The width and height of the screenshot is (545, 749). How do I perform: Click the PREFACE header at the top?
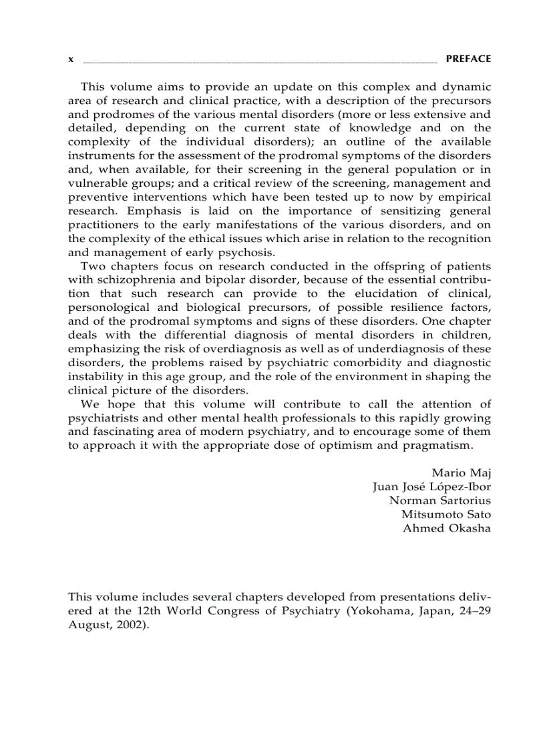pos(468,59)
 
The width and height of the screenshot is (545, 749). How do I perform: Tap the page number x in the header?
pos(71,59)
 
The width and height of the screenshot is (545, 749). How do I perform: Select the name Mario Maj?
pos(461,473)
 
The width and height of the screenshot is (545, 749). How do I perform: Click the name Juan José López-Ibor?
pos(431,487)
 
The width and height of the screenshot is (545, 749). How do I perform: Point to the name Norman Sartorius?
pos(440,500)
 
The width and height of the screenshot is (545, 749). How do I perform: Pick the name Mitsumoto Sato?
pos(445,514)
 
